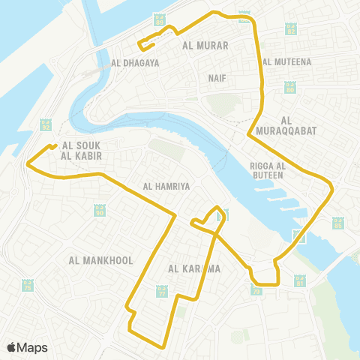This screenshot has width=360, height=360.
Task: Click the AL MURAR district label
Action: tap(205, 45)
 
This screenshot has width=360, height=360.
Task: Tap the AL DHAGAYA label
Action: tap(135, 64)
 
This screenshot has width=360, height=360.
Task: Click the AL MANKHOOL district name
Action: tap(100, 261)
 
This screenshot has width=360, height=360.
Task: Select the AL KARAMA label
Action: tap(193, 268)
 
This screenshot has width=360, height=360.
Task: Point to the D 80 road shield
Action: tap(289, 88)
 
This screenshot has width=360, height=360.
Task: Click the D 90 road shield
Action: tap(100, 211)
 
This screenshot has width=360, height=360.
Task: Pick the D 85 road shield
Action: tap(337, 223)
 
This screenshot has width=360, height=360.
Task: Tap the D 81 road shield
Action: tap(301, 281)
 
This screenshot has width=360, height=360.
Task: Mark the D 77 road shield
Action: tap(162, 291)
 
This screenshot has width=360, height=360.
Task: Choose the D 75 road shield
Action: tap(28, 286)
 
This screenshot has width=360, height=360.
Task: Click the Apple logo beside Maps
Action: tap(12, 347)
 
